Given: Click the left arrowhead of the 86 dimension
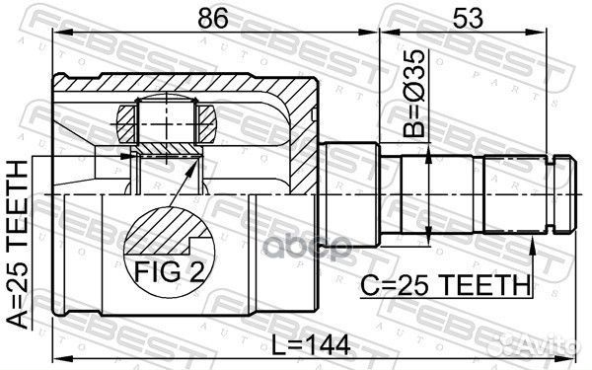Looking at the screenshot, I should pyautogui.click(x=56, y=33).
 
